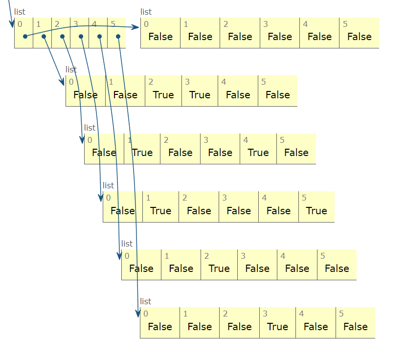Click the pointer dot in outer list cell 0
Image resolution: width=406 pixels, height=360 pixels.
(25, 36)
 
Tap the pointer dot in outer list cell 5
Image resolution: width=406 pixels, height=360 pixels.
(118, 36)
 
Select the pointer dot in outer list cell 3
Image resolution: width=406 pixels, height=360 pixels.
(81, 36)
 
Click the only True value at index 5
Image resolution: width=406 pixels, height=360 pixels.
(316, 211)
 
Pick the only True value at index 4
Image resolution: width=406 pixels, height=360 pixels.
(258, 153)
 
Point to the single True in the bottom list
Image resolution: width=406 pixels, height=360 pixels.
(277, 327)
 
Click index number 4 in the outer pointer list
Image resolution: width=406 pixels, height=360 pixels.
(94, 23)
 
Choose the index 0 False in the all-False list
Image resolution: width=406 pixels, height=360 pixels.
(160, 37)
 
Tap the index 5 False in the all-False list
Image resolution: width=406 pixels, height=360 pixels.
(360, 37)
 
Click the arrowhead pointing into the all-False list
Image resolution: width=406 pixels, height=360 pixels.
(136, 27)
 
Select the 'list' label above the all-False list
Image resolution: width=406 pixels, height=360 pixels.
(146, 12)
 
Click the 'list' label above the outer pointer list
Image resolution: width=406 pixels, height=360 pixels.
(20, 12)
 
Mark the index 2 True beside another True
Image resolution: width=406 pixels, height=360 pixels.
(163, 95)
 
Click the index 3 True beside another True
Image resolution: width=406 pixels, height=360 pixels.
(200, 95)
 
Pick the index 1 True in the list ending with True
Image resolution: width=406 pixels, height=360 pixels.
(160, 211)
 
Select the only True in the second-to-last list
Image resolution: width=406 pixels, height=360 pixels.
(219, 269)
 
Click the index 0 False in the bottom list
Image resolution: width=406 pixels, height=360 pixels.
(160, 327)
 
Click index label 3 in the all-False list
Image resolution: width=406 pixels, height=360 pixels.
(265, 24)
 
